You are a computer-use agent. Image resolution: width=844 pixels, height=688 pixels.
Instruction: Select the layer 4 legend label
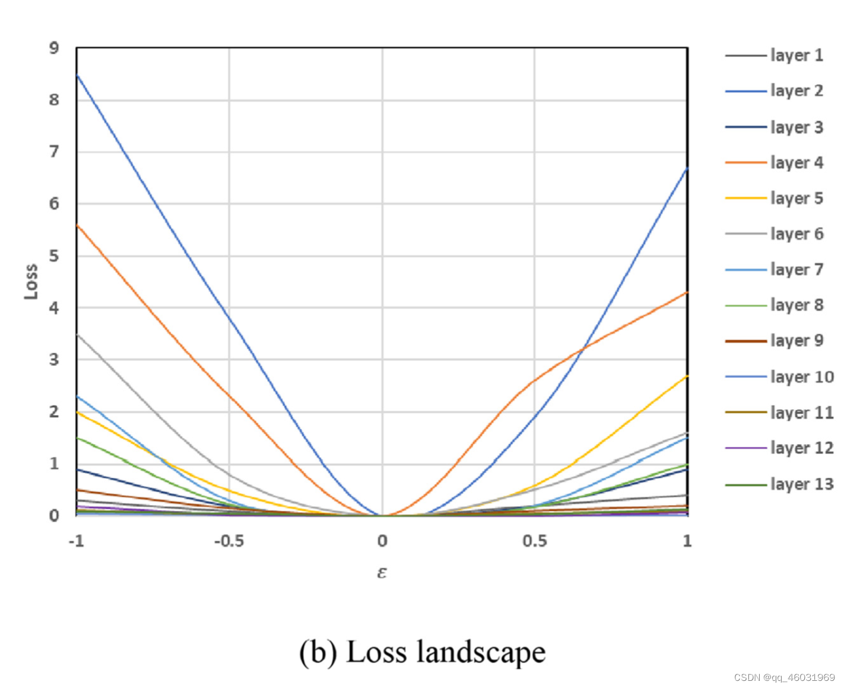tap(796, 162)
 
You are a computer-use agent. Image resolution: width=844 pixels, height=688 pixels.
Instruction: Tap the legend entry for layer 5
tap(796, 198)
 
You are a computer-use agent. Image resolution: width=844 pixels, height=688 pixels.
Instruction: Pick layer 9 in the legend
tap(796, 340)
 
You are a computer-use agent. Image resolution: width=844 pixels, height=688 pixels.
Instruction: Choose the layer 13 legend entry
tap(801, 484)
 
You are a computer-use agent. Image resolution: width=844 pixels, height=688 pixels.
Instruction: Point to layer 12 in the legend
tap(801, 448)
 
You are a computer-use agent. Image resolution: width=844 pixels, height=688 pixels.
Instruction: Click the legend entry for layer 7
tap(796, 269)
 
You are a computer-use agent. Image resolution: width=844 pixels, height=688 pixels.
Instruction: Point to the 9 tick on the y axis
tap(54, 48)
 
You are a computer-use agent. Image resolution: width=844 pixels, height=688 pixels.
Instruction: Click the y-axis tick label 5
tap(54, 256)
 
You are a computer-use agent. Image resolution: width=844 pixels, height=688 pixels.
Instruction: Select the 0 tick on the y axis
tap(54, 516)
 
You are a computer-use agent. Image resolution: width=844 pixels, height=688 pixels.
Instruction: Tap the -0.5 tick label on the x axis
tap(229, 541)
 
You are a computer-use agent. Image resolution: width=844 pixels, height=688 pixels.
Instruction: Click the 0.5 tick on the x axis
tap(535, 541)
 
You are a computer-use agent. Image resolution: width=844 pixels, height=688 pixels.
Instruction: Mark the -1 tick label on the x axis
tap(76, 541)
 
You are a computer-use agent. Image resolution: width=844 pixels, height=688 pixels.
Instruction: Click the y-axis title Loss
tap(31, 282)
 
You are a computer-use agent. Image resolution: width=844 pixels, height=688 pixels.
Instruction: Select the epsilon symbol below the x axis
tap(382, 572)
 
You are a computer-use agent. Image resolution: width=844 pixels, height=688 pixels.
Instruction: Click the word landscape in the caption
tap(480, 652)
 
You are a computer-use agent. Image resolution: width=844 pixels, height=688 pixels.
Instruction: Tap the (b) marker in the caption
tap(318, 652)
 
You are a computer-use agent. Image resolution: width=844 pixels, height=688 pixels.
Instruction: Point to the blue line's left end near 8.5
tap(78, 75)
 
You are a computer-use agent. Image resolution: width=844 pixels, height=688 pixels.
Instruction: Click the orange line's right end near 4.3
tap(687, 292)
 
